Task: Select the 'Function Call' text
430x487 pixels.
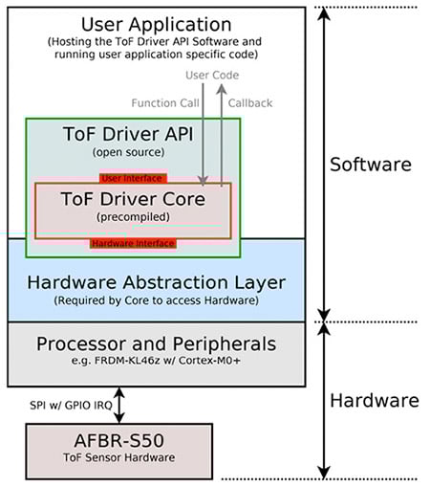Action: (x=163, y=103)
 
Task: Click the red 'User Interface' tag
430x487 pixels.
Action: (x=133, y=178)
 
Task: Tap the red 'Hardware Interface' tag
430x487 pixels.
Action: (x=133, y=244)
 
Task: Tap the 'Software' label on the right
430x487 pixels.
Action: (x=370, y=165)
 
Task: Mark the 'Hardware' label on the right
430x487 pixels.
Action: (x=374, y=400)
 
